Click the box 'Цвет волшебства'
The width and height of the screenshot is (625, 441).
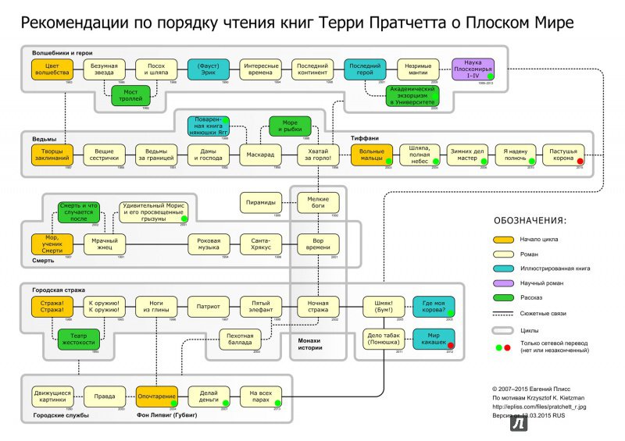pyautogui.click(x=52, y=69)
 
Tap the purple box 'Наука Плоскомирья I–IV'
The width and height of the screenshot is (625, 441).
pyautogui.click(x=473, y=69)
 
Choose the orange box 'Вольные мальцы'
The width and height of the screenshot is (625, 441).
pyautogui.click(x=371, y=155)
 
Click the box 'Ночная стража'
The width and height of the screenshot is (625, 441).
pyautogui.click(x=318, y=305)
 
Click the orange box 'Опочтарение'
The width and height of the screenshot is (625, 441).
pyautogui.click(x=156, y=396)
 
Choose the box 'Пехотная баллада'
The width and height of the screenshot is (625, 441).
pyautogui.click(x=238, y=337)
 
